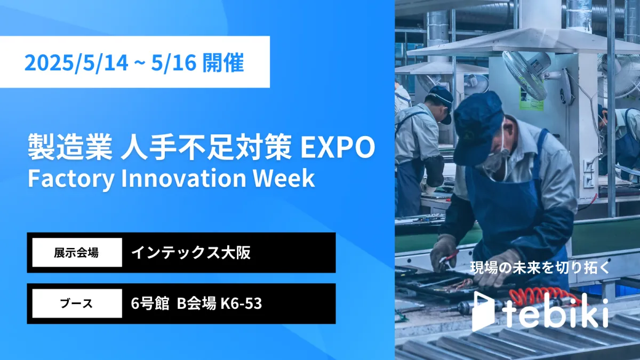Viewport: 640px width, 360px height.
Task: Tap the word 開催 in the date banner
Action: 223,62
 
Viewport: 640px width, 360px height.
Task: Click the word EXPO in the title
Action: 338,147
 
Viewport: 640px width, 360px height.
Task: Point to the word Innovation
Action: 183,178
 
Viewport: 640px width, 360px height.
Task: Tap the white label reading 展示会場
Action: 77,253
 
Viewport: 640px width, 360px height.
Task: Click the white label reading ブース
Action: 77,303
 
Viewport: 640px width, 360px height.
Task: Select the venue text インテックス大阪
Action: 191,253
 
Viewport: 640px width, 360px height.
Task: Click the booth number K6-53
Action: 241,303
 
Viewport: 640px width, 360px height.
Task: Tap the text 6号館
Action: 150,303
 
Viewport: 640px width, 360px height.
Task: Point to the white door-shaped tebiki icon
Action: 483,311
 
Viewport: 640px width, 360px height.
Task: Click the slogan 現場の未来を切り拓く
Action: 539,268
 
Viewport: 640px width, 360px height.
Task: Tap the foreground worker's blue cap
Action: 478,126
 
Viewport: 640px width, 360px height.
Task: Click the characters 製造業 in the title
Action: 70,147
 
